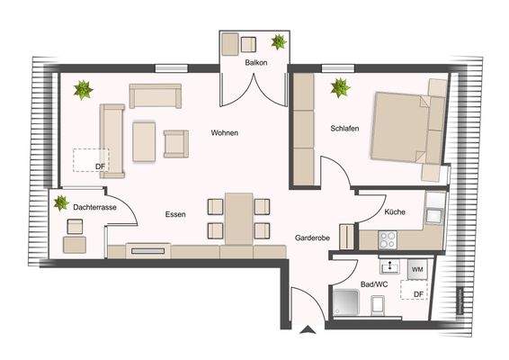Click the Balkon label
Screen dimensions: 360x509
pos(254,63)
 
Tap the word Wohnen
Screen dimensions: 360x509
pos(225,133)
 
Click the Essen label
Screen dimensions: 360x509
pos(175,215)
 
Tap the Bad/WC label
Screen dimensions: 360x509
pos(373,284)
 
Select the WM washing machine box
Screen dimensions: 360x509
pos(416,268)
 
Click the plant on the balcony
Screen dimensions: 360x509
pos(279,41)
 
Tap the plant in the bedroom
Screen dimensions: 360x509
pos(340,88)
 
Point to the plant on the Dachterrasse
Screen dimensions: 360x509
pos(62,203)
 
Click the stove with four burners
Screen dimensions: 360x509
pos(388,239)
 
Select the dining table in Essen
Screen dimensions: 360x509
pos(239,217)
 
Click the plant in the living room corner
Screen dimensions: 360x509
pos(84,89)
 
